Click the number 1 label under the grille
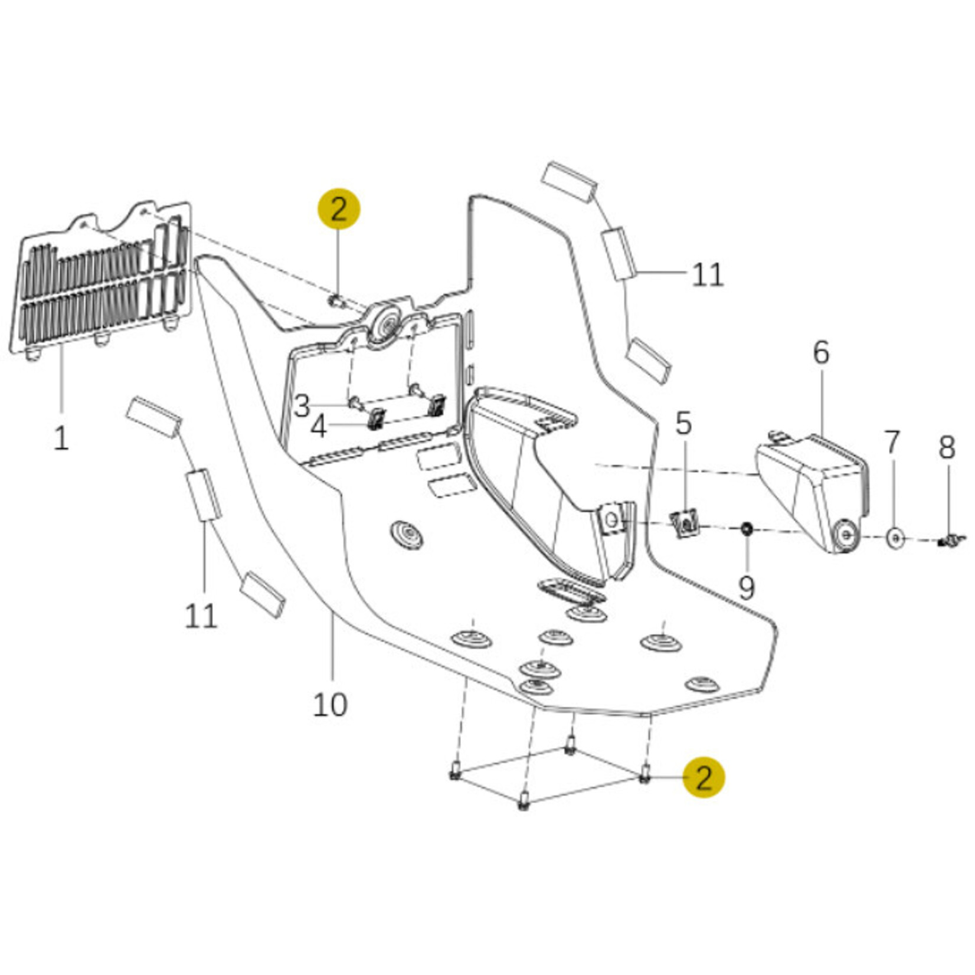(61, 438)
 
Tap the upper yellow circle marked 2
(338, 210)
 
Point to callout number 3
(302, 407)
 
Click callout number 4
(319, 427)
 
